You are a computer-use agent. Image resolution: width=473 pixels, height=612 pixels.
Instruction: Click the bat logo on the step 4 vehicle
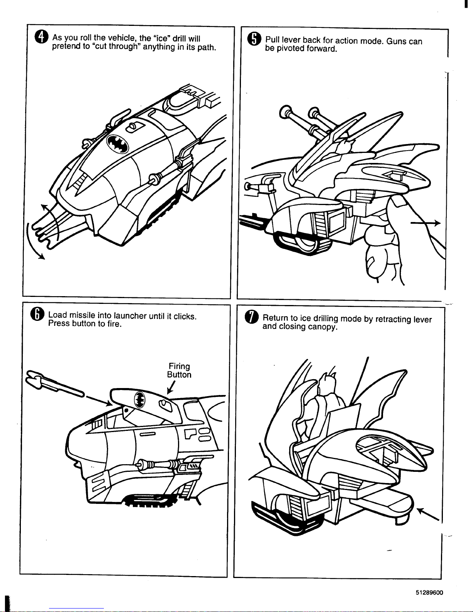click(119, 144)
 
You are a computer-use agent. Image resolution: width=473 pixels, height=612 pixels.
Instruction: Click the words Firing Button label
click(179, 370)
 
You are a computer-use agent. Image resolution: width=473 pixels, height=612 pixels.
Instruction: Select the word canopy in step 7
click(323, 327)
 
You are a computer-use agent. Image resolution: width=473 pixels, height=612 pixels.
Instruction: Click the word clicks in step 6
click(185, 317)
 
